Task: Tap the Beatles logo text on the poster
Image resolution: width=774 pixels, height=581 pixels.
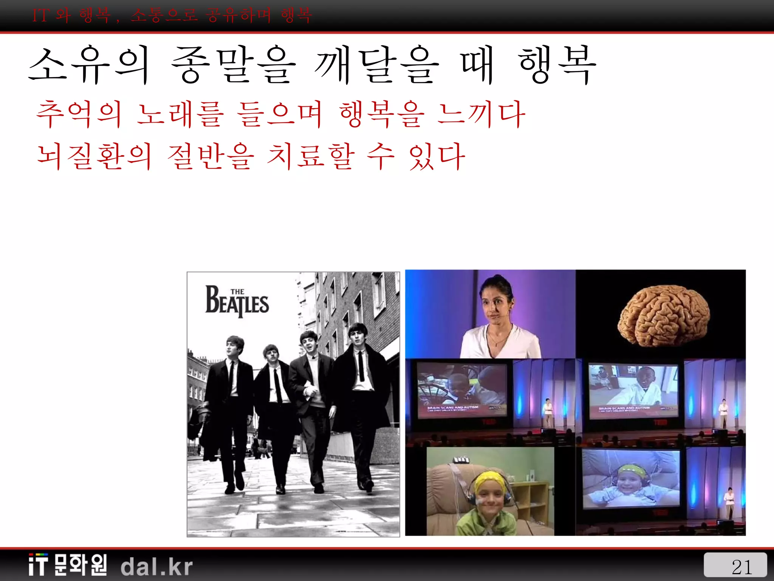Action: pyautogui.click(x=237, y=303)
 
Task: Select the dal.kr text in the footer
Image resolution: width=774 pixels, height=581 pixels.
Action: pyautogui.click(x=156, y=567)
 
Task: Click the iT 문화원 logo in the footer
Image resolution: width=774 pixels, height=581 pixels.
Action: pyautogui.click(x=68, y=565)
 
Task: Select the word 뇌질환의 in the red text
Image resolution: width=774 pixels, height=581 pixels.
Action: pyautogui.click(x=94, y=156)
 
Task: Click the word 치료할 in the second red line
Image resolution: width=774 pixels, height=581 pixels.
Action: pyautogui.click(x=311, y=156)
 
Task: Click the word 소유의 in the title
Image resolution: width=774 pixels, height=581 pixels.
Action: pyautogui.click(x=89, y=65)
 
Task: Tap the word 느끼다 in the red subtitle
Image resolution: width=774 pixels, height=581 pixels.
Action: pyautogui.click(x=481, y=114)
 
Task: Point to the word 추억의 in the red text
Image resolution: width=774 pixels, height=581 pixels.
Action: pyautogui.click(x=79, y=114)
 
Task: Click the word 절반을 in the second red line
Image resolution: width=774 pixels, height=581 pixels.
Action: pyautogui.click(x=211, y=156)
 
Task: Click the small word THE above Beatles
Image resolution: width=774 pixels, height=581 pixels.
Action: pyautogui.click(x=237, y=292)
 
